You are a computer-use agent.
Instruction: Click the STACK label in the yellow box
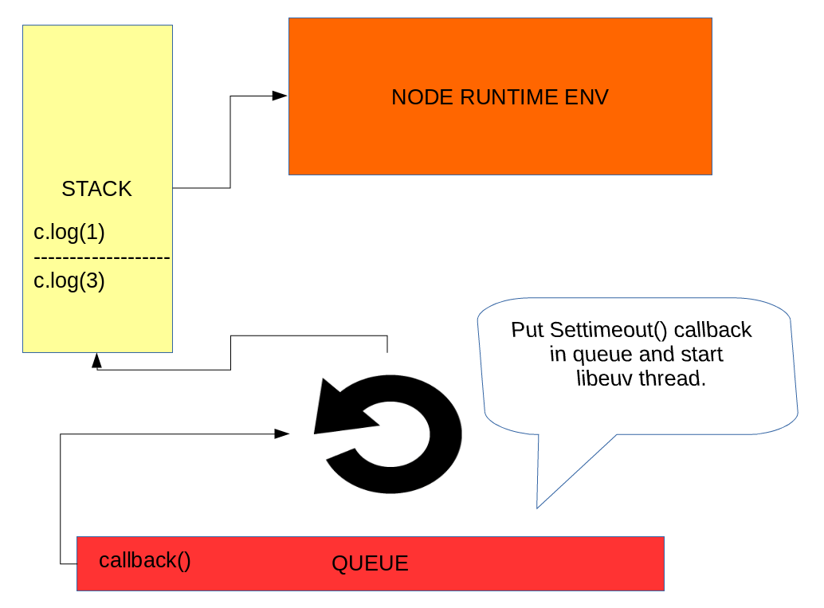pos(96,189)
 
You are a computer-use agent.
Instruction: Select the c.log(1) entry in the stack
pos(69,233)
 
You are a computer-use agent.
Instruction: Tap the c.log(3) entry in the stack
pos(69,280)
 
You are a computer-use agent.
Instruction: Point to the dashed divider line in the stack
pos(101,258)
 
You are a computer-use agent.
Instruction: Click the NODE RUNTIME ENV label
pos(500,97)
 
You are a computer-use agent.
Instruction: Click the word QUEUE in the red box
pos(370,563)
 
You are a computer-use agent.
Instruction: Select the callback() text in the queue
pos(145,560)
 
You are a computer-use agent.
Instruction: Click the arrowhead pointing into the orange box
pos(280,96)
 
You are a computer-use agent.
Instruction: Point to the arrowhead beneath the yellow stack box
pos(96,361)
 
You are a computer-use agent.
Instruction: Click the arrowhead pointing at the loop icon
pos(281,433)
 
